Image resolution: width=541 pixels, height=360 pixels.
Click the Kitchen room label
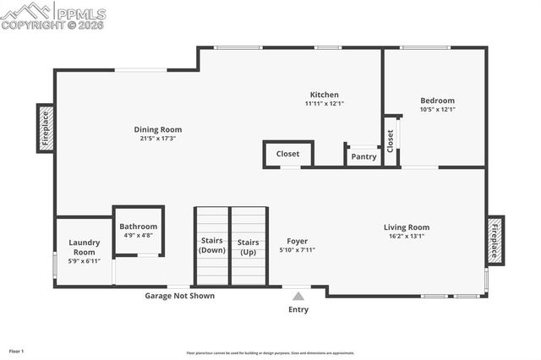[x=324, y=95]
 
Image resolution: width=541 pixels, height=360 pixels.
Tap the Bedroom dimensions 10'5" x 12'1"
[x=437, y=109]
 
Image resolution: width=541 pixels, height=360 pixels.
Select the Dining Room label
[x=158, y=129]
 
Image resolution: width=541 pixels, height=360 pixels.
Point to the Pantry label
[x=363, y=156]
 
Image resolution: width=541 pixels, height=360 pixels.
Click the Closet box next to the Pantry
[x=287, y=154]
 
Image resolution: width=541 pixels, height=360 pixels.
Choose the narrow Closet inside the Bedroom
[x=391, y=139]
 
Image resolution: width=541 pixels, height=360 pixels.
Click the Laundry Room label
[x=84, y=247]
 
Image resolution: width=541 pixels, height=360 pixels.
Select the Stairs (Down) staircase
[x=212, y=247]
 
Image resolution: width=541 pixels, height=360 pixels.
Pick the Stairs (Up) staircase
[x=249, y=247]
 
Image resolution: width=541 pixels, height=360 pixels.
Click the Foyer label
[x=297, y=241]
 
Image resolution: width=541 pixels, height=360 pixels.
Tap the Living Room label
[x=407, y=226]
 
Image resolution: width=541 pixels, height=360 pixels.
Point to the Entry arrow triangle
[x=298, y=296]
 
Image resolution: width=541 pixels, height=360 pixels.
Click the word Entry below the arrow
[x=298, y=309]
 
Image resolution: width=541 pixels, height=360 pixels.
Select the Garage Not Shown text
[x=179, y=296]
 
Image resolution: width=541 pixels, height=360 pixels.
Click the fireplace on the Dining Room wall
[x=46, y=128]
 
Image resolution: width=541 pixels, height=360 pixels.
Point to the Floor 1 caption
[x=17, y=351]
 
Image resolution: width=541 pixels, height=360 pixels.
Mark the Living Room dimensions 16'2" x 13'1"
[x=407, y=236]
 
